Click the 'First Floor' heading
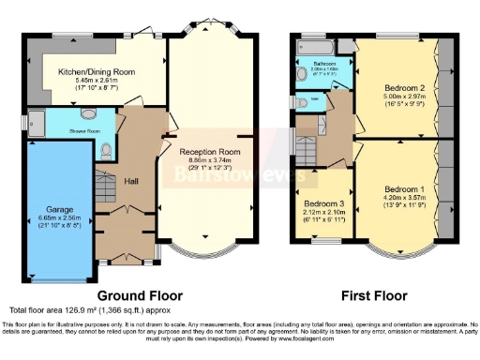click(375, 295)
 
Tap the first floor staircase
click(307, 145)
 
